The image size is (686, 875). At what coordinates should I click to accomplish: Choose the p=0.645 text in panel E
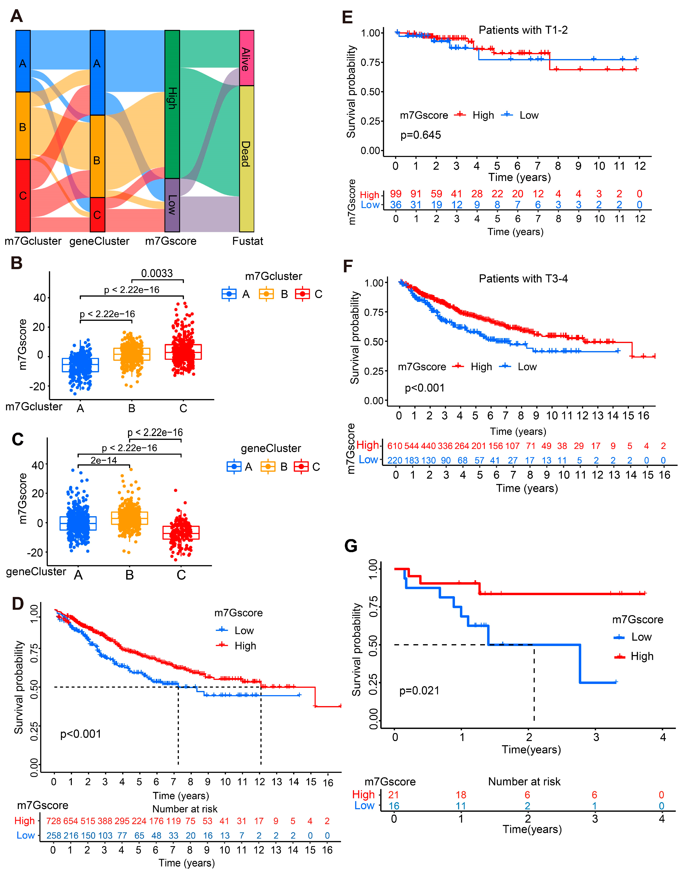tap(421, 135)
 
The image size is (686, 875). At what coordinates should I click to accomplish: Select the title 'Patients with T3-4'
tap(523, 279)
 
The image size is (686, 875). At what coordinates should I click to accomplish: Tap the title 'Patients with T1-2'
tap(523, 30)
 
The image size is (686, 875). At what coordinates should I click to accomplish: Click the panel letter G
tap(351, 546)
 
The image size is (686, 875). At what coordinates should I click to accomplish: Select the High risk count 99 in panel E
tap(396, 194)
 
